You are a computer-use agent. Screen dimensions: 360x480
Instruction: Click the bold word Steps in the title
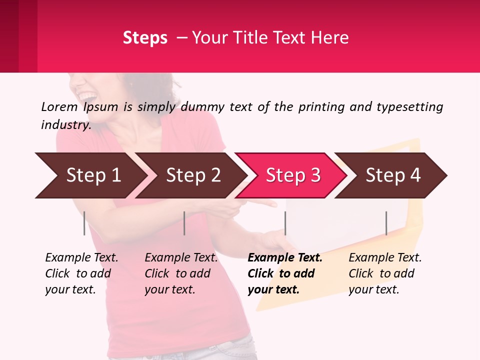pyautogui.click(x=145, y=38)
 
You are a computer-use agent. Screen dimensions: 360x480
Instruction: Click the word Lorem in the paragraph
pyautogui.click(x=59, y=107)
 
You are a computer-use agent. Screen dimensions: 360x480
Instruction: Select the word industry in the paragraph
pyautogui.click(x=65, y=125)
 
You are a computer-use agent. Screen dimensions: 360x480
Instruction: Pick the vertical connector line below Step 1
pyautogui.click(x=84, y=223)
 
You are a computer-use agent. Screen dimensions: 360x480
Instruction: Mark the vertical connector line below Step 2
pyautogui.click(x=184, y=223)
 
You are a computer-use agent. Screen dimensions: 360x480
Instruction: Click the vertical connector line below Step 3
pyautogui.click(x=285, y=223)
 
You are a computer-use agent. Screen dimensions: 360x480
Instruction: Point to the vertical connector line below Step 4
pyautogui.click(x=386, y=223)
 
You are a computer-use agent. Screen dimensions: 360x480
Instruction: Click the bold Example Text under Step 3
pyautogui.click(x=285, y=258)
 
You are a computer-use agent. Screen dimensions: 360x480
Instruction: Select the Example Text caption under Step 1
pyautogui.click(x=81, y=258)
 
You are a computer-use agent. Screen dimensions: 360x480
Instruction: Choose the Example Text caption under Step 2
pyautogui.click(x=181, y=258)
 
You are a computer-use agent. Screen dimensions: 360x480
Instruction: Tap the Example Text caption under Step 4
pyautogui.click(x=385, y=258)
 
